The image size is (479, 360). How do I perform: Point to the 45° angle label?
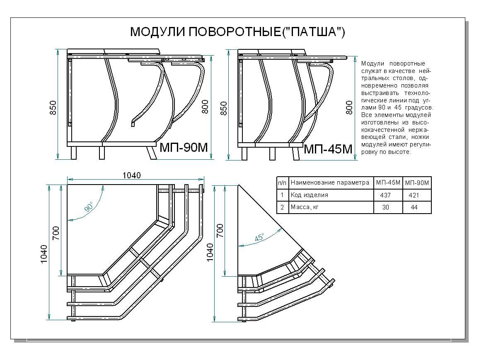259,238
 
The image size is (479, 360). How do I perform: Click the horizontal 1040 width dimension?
132,175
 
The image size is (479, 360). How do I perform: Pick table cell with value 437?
386,195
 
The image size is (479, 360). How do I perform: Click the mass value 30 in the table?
386,207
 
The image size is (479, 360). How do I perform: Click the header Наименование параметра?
330,182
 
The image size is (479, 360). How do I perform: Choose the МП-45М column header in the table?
388,182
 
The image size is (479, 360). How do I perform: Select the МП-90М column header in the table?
417,182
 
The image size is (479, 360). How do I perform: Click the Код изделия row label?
309,195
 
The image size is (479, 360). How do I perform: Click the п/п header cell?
282,182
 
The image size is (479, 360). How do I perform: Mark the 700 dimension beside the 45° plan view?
220,230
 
